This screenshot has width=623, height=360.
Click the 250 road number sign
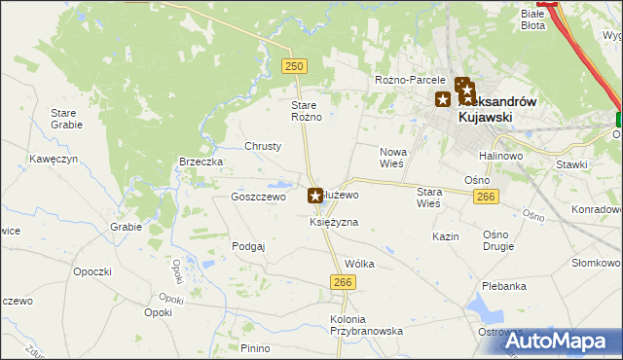295,66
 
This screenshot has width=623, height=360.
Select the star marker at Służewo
315,196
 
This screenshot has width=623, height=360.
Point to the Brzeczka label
202,162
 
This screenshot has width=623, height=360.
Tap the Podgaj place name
248,246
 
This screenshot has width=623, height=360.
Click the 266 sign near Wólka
342,282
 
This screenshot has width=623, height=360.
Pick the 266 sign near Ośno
487,198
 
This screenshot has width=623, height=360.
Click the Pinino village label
255,348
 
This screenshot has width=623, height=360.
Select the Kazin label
446,236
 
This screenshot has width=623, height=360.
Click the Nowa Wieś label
392,158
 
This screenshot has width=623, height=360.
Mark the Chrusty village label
263,146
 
